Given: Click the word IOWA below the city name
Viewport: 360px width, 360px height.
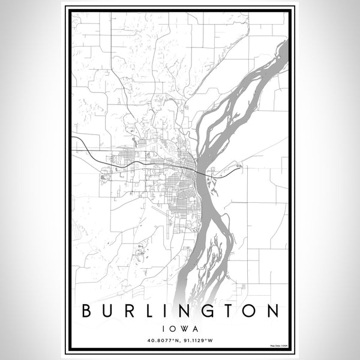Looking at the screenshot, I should pyautogui.click(x=180, y=328).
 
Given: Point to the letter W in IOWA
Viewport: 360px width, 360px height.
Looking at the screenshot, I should pyautogui.click(x=184, y=328).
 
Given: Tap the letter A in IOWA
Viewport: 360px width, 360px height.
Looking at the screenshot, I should pyautogui.click(x=196, y=328).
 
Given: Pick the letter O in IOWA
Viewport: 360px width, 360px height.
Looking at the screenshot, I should pyautogui.click(x=171, y=328).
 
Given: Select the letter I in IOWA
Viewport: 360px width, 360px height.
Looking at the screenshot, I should pyautogui.click(x=163, y=328).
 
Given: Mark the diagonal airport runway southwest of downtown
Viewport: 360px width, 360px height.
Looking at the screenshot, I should pyautogui.click(x=160, y=211).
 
